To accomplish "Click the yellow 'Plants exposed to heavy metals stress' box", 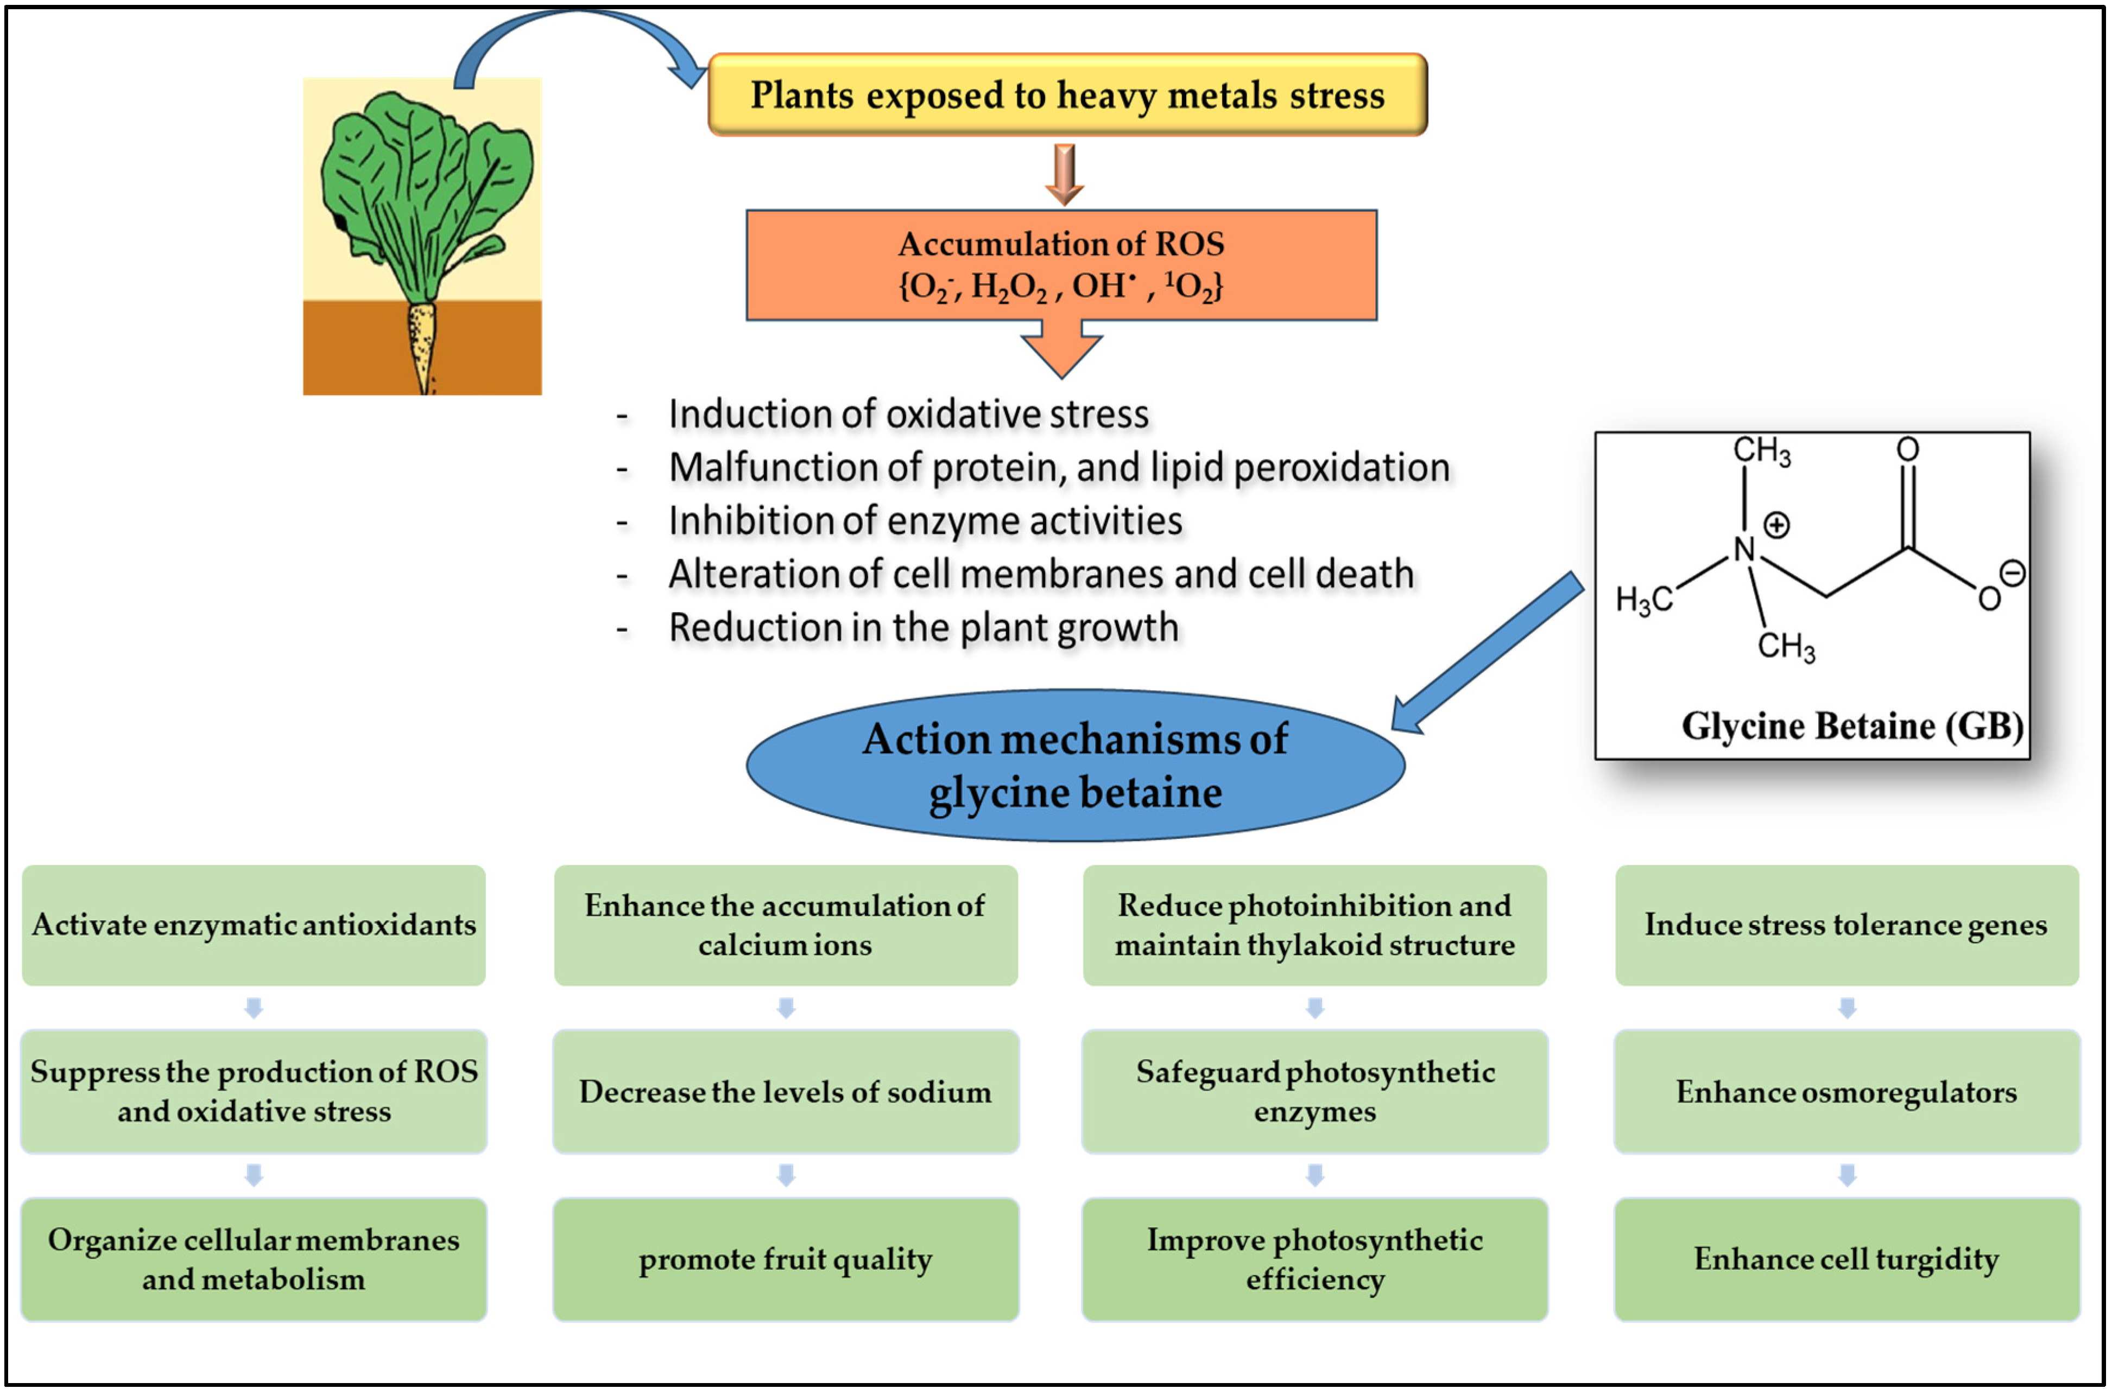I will click(x=1066, y=95).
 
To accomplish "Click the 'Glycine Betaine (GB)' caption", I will click(x=1851, y=726).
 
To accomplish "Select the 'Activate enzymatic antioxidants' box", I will click(x=254, y=925).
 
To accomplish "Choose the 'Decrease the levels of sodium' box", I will click(x=785, y=1092).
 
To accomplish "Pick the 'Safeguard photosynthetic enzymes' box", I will click(x=1314, y=1092).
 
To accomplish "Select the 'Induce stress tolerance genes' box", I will click(x=1846, y=925).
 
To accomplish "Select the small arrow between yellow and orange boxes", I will click(x=1064, y=174).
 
